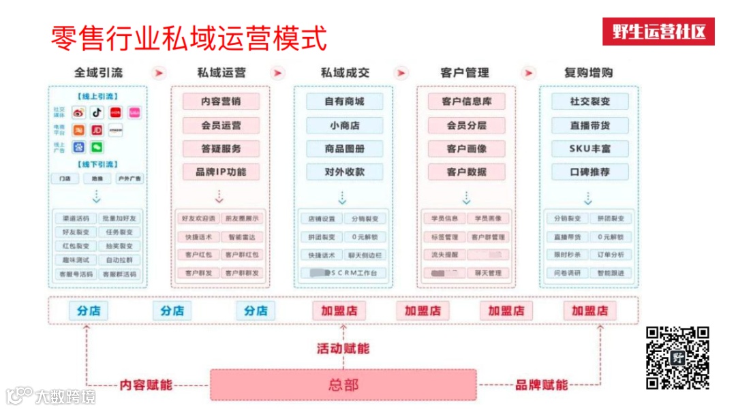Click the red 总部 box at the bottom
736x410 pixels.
pyautogui.click(x=343, y=385)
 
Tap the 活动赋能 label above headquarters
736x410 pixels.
pyautogui.click(x=343, y=348)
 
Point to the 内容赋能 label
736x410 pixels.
pyautogui.click(x=146, y=385)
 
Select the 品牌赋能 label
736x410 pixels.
pyautogui.click(x=541, y=385)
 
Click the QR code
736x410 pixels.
pyautogui.click(x=677, y=358)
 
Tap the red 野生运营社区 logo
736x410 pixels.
pyautogui.click(x=658, y=32)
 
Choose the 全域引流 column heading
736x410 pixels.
pyautogui.click(x=99, y=73)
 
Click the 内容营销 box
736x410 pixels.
pyautogui.click(x=221, y=101)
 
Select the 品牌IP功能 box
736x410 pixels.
pyautogui.click(x=221, y=172)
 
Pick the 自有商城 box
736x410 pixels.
pyautogui.click(x=344, y=101)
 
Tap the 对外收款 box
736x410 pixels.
pyautogui.click(x=344, y=172)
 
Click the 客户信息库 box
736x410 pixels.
pyautogui.click(x=467, y=101)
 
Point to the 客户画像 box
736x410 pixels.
pyautogui.click(x=467, y=148)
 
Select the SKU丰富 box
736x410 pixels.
pyautogui.click(x=589, y=148)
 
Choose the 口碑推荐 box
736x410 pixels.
pyautogui.click(x=589, y=172)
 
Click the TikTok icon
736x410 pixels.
pyautogui.click(x=97, y=112)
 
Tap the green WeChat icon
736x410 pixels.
pyautogui.click(x=97, y=146)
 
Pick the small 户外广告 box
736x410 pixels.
pyautogui.click(x=129, y=178)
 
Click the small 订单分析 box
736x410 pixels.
pyautogui.click(x=610, y=255)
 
